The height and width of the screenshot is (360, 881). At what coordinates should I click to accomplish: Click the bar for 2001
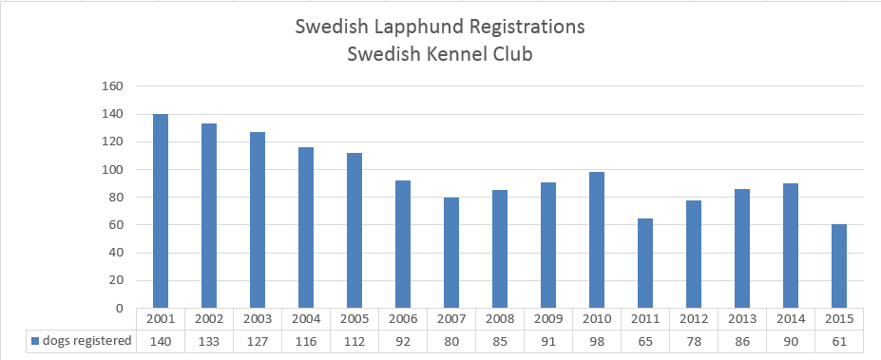pos(161,211)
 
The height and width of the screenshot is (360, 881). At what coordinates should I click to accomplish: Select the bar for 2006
pos(403,244)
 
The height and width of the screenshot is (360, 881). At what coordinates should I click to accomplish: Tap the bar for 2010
pos(597,240)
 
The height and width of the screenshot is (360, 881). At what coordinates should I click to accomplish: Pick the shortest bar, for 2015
pos(838,266)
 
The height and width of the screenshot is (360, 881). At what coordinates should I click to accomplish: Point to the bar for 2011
pos(645,263)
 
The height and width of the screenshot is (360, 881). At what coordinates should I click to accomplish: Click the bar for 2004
pos(306,228)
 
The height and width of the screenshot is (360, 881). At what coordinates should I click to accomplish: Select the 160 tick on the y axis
pos(113,86)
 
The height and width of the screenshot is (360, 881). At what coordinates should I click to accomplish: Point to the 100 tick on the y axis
pos(113,170)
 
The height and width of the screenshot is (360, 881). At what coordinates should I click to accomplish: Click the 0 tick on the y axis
pos(120,309)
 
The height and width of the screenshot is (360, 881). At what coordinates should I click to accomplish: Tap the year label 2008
pos(500,318)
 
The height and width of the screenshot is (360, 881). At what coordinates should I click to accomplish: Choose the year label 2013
pos(742,318)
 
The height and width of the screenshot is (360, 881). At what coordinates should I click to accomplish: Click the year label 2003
pos(258,318)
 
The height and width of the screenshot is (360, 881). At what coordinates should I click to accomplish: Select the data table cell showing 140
pos(161,340)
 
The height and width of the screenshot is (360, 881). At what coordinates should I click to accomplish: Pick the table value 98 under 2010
pos(597,340)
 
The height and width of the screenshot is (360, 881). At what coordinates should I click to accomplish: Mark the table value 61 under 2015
pos(838,340)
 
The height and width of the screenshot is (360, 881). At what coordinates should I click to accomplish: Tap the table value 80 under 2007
pos(451,340)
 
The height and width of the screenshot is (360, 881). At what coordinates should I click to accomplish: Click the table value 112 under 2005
pos(354,340)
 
